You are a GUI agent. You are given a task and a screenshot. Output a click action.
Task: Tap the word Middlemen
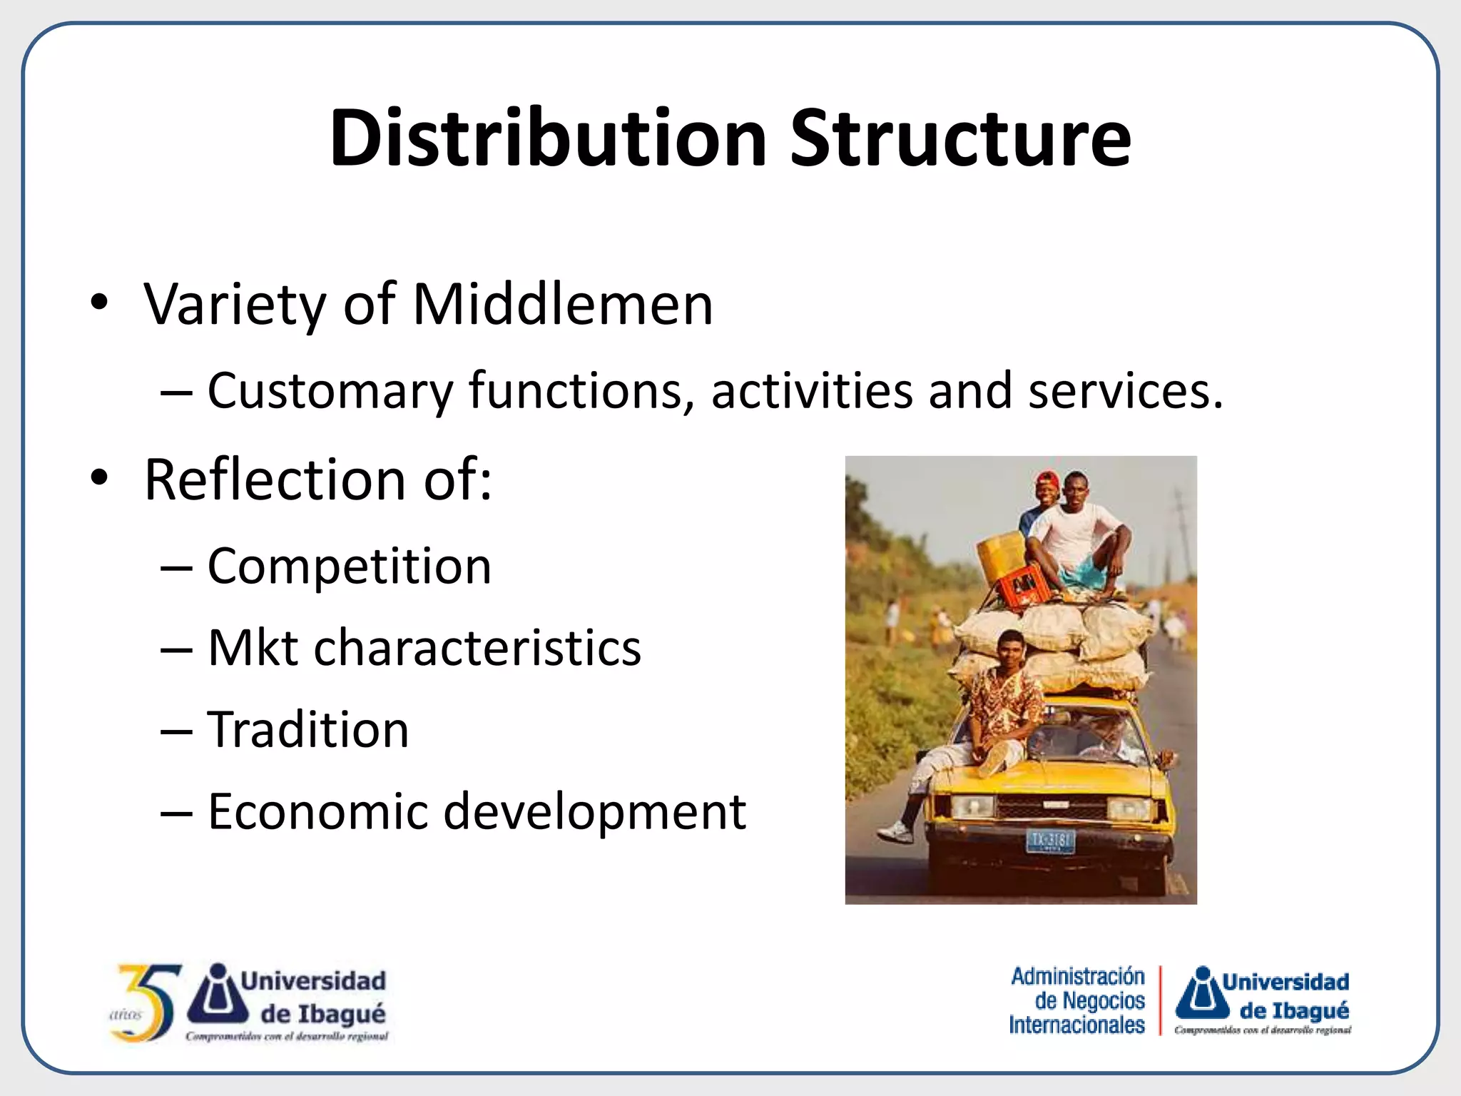[563, 305]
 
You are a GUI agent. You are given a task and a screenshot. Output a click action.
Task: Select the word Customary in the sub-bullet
[330, 392]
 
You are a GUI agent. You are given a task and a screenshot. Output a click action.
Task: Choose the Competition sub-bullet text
[349, 567]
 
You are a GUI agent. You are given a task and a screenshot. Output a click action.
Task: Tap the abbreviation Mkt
[253, 648]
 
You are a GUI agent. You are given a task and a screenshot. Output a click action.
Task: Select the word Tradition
[308, 730]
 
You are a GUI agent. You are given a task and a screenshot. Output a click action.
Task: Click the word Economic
[317, 812]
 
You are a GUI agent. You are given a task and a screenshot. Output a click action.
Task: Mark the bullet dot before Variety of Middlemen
[99, 303]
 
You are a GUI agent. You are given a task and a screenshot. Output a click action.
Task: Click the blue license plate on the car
[1050, 841]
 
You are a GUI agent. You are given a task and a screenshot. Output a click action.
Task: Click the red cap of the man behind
[1047, 478]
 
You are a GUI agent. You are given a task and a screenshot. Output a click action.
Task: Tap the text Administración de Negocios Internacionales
[1077, 1001]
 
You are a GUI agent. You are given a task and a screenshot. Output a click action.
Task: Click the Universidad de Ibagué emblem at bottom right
[1203, 993]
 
